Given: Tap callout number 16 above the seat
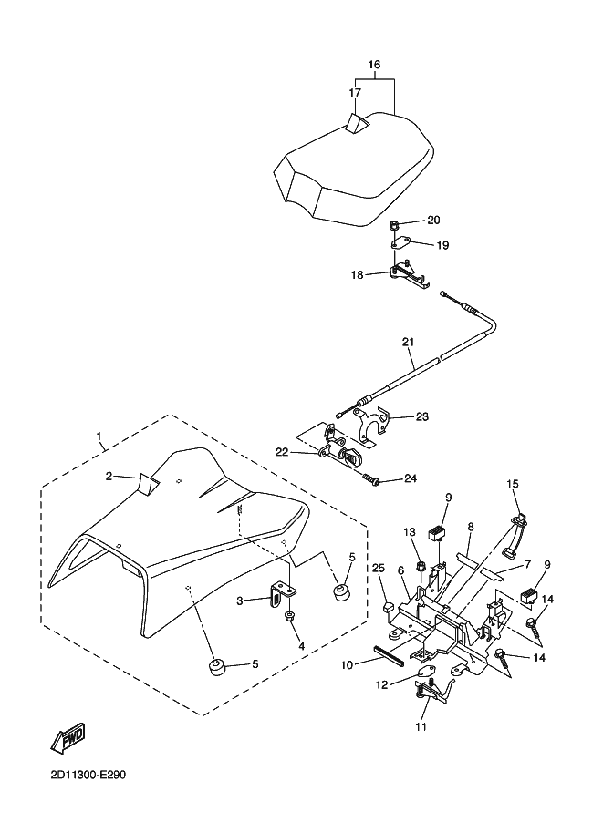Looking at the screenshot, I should (x=373, y=65).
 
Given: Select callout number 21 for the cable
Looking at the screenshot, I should (x=408, y=343).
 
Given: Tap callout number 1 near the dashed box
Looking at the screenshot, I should (x=99, y=437).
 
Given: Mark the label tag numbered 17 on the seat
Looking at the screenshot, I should (x=357, y=123).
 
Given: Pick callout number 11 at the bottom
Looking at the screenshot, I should (x=421, y=726).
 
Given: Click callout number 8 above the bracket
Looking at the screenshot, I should (x=471, y=527).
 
